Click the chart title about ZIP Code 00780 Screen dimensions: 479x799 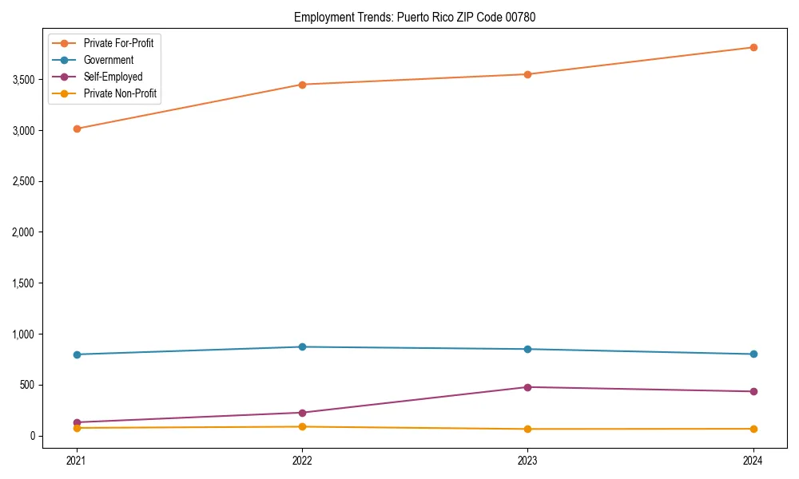pos(415,17)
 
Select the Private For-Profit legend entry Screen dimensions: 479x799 pos(118,43)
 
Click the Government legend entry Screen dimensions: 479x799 pos(109,60)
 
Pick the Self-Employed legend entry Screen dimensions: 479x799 pos(113,77)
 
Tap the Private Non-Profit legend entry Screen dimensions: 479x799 pos(120,93)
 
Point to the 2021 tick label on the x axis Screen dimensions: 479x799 pos(77,460)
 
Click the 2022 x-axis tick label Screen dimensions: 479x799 pos(302,460)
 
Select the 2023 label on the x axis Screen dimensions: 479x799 pos(527,460)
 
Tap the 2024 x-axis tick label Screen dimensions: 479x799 pos(753,460)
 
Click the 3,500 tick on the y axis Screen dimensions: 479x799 pos(25,80)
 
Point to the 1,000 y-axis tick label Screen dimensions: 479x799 pos(25,335)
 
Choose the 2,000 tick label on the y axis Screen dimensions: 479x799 pos(25,232)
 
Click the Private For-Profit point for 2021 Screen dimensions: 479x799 pos(77,129)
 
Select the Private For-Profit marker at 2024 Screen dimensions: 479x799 pos(753,47)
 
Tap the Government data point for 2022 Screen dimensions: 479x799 pos(302,346)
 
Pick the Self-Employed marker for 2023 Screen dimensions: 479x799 pos(527,387)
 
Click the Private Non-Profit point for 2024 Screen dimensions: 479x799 pos(753,429)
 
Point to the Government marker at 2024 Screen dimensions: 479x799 pos(753,354)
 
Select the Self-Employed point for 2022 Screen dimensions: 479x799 pos(302,413)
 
